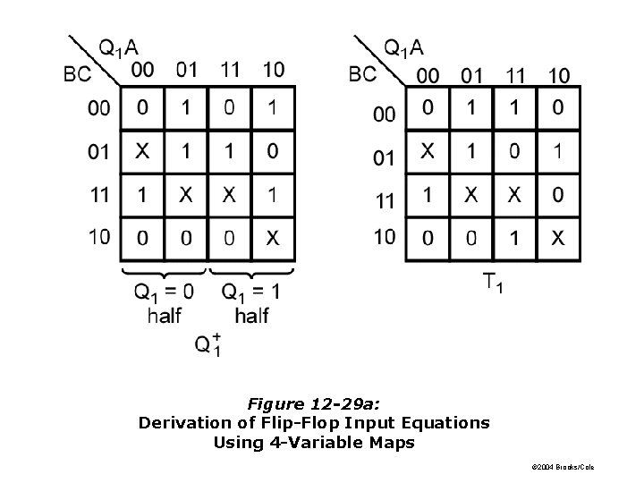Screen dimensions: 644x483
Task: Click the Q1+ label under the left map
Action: (x=207, y=344)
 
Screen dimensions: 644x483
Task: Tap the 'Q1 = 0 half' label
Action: (x=164, y=301)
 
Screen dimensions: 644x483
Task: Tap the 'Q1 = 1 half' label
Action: (x=251, y=301)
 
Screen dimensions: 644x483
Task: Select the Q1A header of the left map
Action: (x=118, y=47)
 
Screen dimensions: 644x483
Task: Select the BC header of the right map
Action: (x=363, y=72)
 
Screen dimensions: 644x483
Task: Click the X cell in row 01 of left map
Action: (x=142, y=151)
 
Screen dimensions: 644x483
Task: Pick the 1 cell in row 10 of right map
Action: (x=514, y=237)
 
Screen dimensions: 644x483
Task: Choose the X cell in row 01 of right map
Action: (x=428, y=151)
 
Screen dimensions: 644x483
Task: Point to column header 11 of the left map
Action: (x=230, y=69)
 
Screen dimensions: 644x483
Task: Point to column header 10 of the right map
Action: (x=558, y=75)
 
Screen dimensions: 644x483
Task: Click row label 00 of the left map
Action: (x=99, y=109)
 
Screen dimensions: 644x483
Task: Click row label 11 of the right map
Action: (x=384, y=201)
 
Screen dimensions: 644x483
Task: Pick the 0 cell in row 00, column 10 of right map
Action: (x=558, y=108)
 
